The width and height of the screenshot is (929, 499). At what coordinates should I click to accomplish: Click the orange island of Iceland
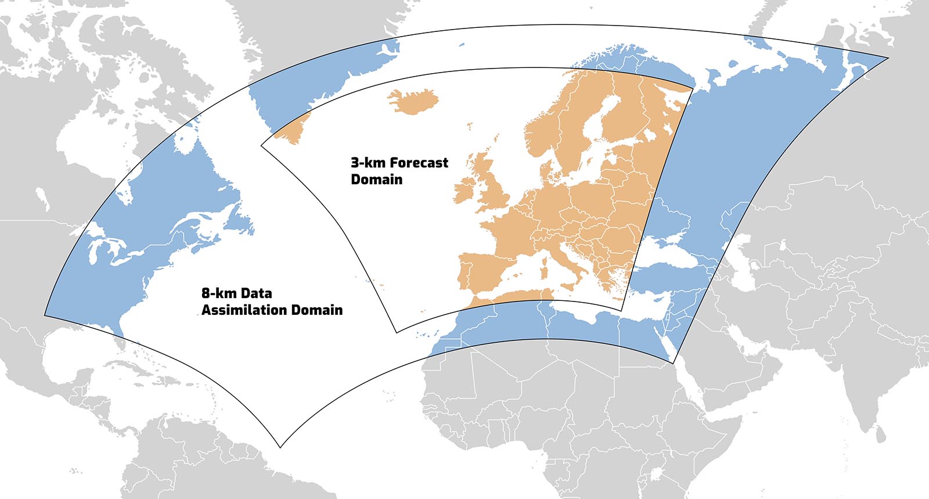click(x=413, y=101)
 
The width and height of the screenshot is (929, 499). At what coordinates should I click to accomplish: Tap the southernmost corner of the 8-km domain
click(x=280, y=447)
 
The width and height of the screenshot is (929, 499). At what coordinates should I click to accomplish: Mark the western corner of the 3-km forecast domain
click(x=261, y=145)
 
